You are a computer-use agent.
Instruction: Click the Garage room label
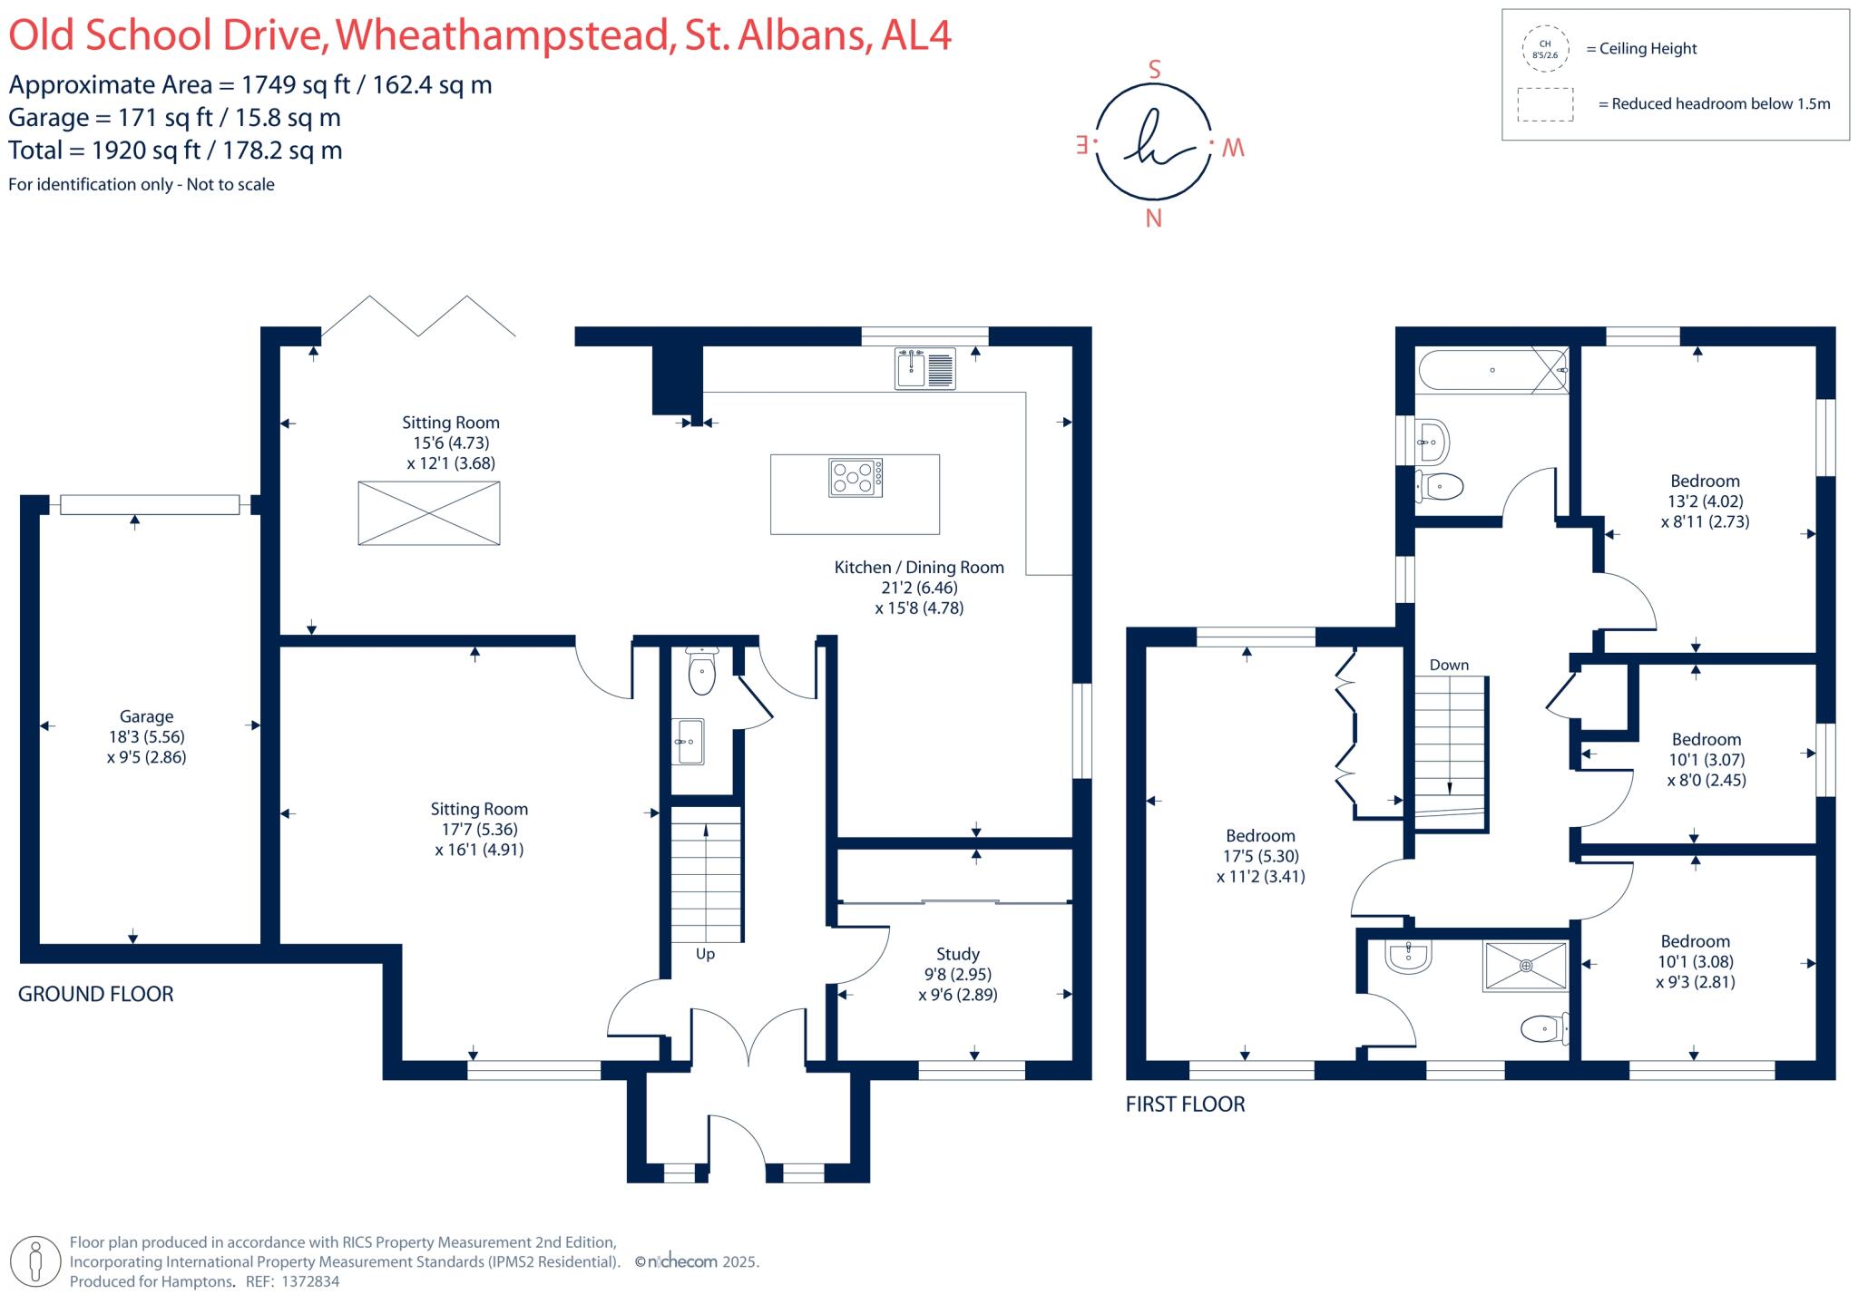pos(147,716)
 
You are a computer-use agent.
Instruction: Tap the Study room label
pos(958,954)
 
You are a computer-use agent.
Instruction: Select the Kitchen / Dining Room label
pos(919,568)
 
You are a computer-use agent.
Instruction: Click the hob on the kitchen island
pos(856,477)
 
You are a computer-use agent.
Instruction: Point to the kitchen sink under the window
pos(925,368)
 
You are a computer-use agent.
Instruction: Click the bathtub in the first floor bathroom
pos(1492,371)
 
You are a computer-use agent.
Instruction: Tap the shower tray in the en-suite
pos(1526,966)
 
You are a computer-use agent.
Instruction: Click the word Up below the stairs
pos(705,954)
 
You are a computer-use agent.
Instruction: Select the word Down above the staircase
pos(1449,665)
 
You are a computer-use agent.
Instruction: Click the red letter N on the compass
pos(1154,219)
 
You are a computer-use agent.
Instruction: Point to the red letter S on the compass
pos(1155,70)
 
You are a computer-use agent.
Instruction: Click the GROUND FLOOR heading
pos(96,994)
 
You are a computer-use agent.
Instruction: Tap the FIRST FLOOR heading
pos(1186,1104)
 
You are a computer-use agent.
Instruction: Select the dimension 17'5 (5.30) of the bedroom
pos(1261,856)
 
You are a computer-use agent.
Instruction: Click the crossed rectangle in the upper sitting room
pos(429,513)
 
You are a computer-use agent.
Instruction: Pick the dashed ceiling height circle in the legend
pos(1546,49)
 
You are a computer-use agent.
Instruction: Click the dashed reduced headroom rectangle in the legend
pos(1545,104)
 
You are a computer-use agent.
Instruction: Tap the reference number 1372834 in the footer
pos(310,1281)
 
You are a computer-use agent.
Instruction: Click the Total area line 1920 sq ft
pos(176,151)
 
